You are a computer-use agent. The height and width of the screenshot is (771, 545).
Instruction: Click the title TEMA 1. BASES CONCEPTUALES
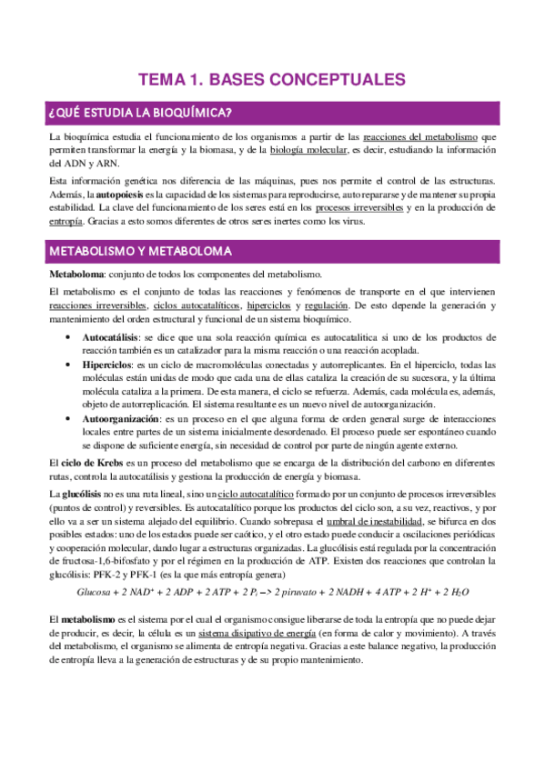pos(272,79)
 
